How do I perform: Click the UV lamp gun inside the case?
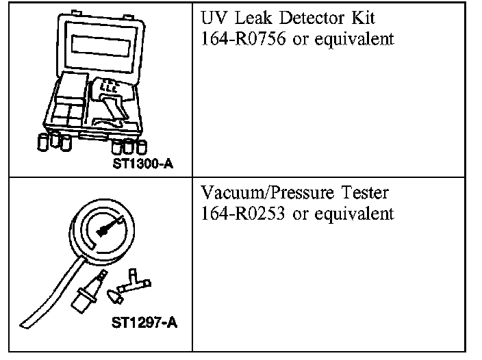(x=112, y=100)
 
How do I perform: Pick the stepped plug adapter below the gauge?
(x=85, y=295)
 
